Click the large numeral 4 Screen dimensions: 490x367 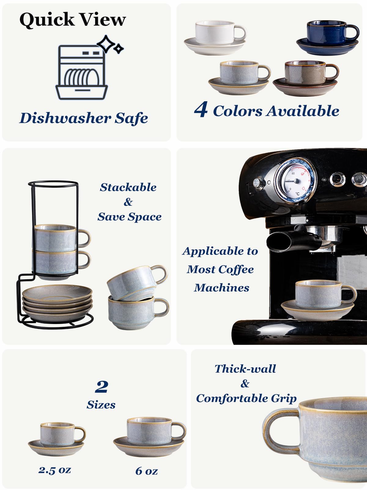pos(201,110)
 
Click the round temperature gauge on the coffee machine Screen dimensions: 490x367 pos(295,181)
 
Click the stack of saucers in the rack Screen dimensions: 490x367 pos(57,302)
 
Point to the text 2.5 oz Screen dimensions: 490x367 pos(55,470)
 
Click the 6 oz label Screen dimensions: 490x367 pos(146,471)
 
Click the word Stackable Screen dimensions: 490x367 pos(128,187)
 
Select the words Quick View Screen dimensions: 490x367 pos(72,20)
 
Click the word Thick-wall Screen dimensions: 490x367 pos(245,369)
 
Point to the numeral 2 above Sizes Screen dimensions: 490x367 pos(102,387)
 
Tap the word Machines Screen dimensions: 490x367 pos(222,288)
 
